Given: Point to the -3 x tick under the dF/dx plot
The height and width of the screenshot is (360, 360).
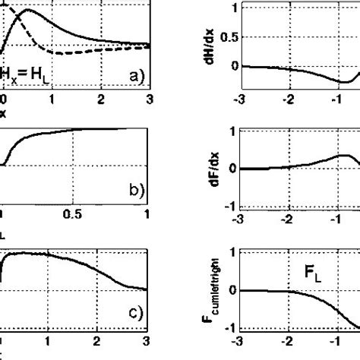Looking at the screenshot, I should [x=241, y=219].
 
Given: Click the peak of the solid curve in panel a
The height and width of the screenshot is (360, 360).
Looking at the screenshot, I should [x=28, y=11].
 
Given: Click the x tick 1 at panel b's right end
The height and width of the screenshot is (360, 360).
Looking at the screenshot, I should [x=147, y=216].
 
